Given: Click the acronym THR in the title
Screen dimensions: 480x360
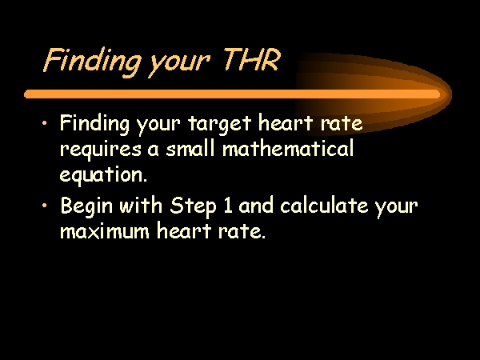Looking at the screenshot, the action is pos(251,59).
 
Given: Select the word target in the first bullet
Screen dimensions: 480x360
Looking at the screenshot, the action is pos(220,124).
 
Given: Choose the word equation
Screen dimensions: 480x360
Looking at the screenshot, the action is pos(103,175).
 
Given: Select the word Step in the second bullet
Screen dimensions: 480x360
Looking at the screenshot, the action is pos(193,206).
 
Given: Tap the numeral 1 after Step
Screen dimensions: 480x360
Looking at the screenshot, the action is pos(227,206).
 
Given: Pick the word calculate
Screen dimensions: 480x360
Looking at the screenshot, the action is pos(324,205).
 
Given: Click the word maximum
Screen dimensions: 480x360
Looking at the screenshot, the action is pos(104,231).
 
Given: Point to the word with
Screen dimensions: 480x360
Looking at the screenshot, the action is pos(141,205).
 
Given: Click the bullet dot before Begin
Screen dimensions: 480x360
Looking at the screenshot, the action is pos(45,205).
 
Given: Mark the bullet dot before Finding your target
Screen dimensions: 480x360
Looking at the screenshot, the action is pos(45,123).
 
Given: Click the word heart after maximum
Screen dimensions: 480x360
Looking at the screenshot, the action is pos(184,230).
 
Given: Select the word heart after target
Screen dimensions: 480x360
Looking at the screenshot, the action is pos(286,122).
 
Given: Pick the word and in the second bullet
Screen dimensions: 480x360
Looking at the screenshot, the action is pos(256,205).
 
